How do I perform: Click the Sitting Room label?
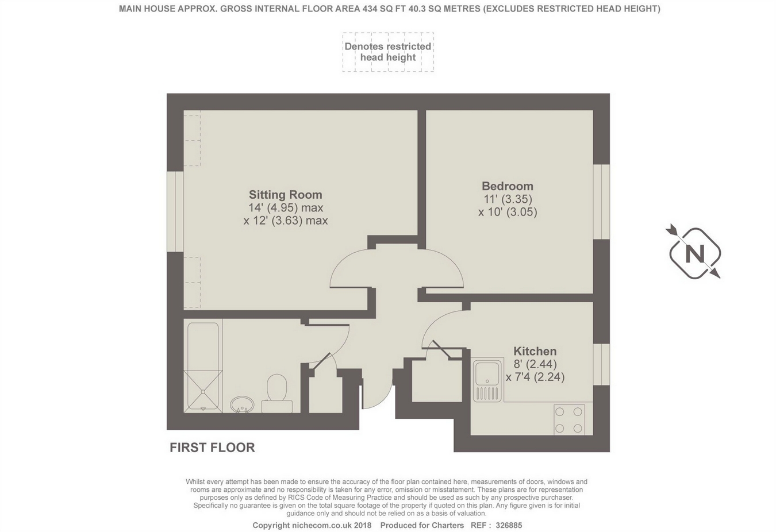[x=286, y=195]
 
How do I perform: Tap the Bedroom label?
[x=508, y=186]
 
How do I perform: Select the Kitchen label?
[x=535, y=351]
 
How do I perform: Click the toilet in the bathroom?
[x=277, y=393]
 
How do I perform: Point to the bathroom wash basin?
[x=242, y=404]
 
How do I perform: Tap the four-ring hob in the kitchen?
[x=568, y=420]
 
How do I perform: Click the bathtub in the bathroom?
[x=203, y=366]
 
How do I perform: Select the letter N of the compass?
[x=694, y=253]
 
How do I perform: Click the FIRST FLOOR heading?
[x=212, y=448]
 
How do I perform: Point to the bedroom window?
[x=601, y=202]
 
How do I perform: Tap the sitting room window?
[x=175, y=211]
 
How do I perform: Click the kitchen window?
[x=601, y=364]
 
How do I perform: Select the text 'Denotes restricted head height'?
[x=388, y=52]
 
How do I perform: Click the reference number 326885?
[x=509, y=526]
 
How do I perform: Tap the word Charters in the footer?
[x=448, y=526]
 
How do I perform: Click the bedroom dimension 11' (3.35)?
[x=508, y=199]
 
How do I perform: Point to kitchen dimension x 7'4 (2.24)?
[x=535, y=377]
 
